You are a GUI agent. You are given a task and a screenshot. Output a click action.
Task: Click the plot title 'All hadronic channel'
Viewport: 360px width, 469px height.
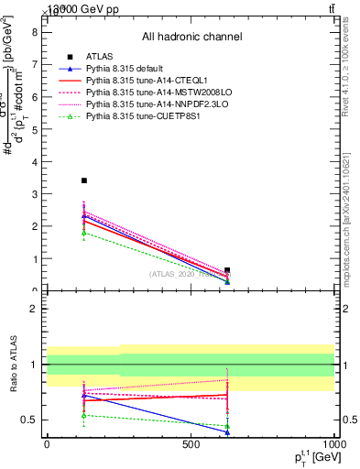(191, 38)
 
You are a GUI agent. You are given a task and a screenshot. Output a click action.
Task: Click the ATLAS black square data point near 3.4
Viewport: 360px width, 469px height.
(84, 180)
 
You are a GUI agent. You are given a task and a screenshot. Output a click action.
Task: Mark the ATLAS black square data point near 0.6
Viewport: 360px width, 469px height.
(227, 270)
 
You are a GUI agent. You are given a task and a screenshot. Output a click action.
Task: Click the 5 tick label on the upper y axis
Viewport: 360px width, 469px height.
(34, 128)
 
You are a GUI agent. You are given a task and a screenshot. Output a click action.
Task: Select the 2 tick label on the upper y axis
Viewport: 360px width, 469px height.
(34, 226)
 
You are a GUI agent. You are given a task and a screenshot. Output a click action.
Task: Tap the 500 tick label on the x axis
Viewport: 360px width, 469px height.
(191, 444)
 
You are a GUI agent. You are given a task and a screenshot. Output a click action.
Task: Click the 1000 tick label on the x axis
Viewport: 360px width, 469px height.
(333, 444)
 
